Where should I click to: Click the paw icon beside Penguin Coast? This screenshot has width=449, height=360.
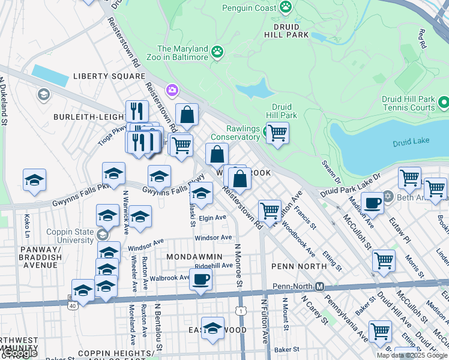[286, 7]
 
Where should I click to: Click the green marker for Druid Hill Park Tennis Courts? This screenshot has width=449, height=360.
[444, 103]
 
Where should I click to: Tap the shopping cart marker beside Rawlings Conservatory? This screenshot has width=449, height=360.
[277, 132]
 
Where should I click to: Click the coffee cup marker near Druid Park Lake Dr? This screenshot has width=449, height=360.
[373, 203]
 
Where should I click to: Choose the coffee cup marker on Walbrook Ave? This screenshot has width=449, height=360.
[200, 278]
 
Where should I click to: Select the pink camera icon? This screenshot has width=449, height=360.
[173, 90]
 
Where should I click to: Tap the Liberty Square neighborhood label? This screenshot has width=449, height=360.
[109, 76]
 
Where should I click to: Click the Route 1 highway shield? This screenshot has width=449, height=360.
[241, 311]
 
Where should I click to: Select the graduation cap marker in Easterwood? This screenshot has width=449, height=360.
[212, 328]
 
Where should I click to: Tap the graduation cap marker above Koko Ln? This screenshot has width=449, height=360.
[35, 179]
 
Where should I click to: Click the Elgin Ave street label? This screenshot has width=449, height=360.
[212, 217]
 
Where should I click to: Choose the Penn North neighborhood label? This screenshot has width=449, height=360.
[294, 265]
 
